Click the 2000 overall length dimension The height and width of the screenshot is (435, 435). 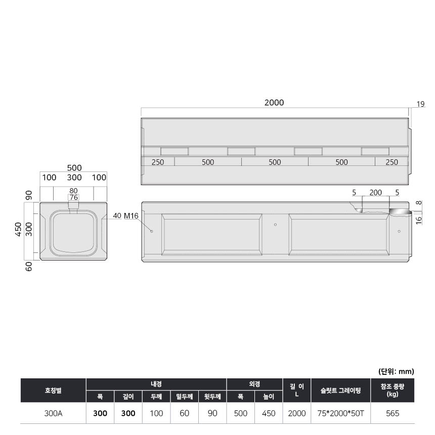(274, 103)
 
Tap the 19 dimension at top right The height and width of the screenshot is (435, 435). (420, 104)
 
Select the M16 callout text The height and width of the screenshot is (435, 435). (131, 215)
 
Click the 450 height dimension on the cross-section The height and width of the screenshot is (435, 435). (18, 230)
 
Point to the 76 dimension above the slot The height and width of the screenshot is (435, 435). (73, 197)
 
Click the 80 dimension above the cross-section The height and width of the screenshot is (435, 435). (73, 191)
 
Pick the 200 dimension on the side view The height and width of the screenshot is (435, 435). (375, 193)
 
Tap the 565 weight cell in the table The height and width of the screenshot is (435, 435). (393, 413)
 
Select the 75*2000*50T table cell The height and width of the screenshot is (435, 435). (340, 413)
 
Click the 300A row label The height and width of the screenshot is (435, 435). (53, 413)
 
